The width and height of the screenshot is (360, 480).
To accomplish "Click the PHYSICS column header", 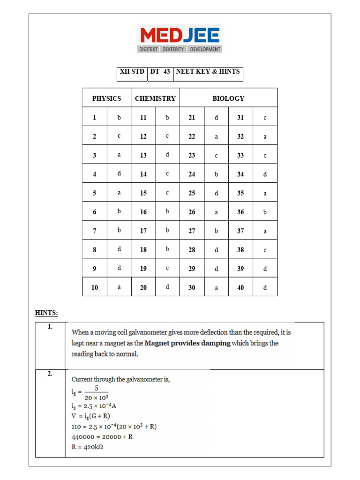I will [x=106, y=98].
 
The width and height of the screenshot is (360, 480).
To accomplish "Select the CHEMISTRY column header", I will [x=155, y=98].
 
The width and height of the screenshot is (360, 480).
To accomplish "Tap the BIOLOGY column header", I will [x=228, y=98].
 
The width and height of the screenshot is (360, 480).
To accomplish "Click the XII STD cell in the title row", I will [x=132, y=72].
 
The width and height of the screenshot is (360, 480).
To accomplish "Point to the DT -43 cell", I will [x=160, y=72].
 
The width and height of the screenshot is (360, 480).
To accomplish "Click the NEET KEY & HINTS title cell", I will [x=208, y=72].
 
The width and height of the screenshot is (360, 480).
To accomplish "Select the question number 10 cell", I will [x=95, y=287].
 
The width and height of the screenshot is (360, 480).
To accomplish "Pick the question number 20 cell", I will [x=143, y=287].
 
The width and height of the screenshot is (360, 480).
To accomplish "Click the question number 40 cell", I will [x=240, y=287].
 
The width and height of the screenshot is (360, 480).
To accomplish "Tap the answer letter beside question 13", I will [x=167, y=155].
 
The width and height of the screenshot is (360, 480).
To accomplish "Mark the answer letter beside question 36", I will [x=265, y=212].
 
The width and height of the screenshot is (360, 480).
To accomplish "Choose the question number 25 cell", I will [x=192, y=193].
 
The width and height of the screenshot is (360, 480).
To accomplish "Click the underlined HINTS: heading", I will [x=46, y=313].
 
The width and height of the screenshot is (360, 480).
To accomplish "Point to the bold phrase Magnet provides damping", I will [x=187, y=343].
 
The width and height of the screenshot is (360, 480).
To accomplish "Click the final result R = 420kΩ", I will [x=87, y=447].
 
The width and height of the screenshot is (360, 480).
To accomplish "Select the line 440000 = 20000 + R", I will [x=102, y=436].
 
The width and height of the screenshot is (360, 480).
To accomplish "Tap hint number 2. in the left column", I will [x=50, y=374].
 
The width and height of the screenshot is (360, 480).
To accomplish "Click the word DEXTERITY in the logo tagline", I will [x=173, y=49].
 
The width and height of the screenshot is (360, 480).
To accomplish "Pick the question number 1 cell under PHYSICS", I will [x=95, y=118].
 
